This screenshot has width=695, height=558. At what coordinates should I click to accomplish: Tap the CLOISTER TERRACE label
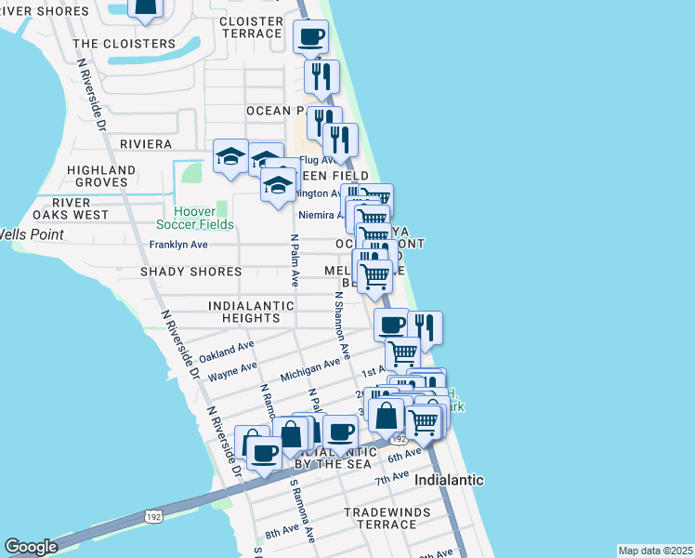coord(250,27)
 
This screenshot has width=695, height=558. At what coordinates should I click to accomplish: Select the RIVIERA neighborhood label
coord(146,144)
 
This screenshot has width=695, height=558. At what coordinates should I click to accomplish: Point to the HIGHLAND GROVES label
coord(94,177)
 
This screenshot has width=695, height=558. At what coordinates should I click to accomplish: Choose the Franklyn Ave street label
coord(178,246)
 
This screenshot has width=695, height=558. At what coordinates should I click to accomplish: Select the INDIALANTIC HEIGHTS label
coord(244,312)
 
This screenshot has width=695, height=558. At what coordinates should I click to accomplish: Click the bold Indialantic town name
coord(449,481)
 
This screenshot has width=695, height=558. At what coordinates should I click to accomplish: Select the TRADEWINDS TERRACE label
coord(380,518)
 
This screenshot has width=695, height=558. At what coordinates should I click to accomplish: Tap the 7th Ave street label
coord(391,480)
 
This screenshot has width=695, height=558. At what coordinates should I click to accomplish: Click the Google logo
coord(30,547)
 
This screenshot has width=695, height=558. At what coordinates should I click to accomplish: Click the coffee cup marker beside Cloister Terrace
coord(310,37)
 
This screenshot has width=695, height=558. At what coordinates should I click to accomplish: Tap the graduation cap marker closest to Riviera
coord(229,155)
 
